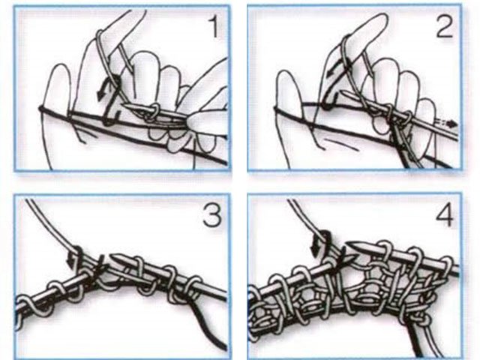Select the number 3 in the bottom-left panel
212,215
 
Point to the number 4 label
445,215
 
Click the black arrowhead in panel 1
100,94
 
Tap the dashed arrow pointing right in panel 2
448,124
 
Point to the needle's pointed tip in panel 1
123,105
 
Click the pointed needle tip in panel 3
111,256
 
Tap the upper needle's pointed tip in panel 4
347,244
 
